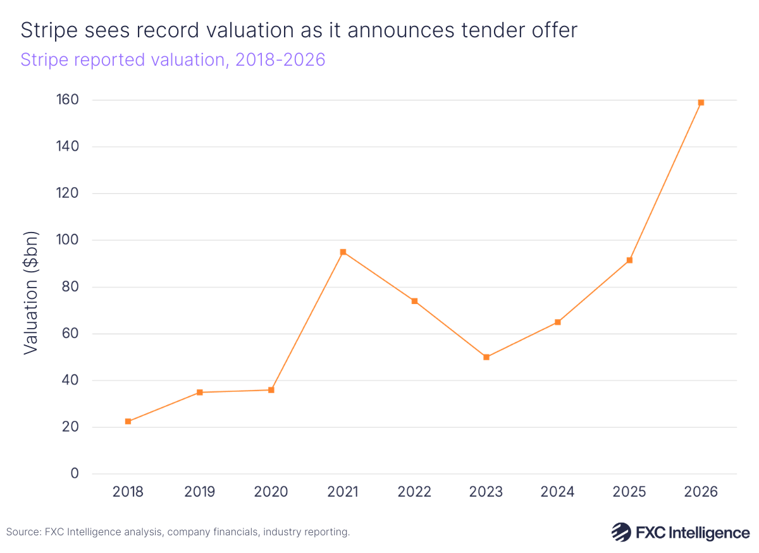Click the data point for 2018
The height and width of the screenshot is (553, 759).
(x=128, y=422)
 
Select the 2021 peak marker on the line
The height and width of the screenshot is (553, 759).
(x=343, y=252)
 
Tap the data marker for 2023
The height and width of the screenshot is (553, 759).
(x=486, y=357)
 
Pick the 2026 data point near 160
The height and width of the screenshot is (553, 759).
(x=701, y=102)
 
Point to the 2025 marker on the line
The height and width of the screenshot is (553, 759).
(x=629, y=260)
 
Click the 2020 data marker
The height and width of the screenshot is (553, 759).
(x=271, y=390)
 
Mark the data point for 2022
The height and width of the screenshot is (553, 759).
(x=414, y=301)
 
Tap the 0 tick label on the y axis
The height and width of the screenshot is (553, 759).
(x=74, y=474)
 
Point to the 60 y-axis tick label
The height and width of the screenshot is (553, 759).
(x=70, y=334)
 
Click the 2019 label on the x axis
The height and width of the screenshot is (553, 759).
(x=199, y=492)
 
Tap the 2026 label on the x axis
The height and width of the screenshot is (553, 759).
(x=701, y=492)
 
